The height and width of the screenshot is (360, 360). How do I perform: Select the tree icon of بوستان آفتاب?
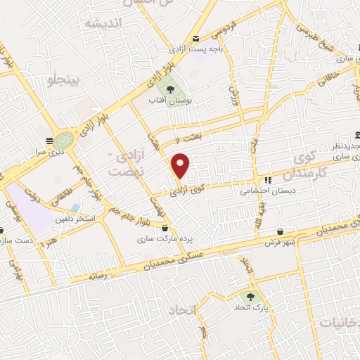(169, 89)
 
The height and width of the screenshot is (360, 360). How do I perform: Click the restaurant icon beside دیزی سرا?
(49, 141)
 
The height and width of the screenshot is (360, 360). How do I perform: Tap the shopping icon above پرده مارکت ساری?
(165, 228)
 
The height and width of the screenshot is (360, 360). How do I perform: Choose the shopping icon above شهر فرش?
(281, 232)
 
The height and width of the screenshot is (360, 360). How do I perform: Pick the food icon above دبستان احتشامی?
(267, 179)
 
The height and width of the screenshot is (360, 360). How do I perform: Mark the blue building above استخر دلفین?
(75, 207)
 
